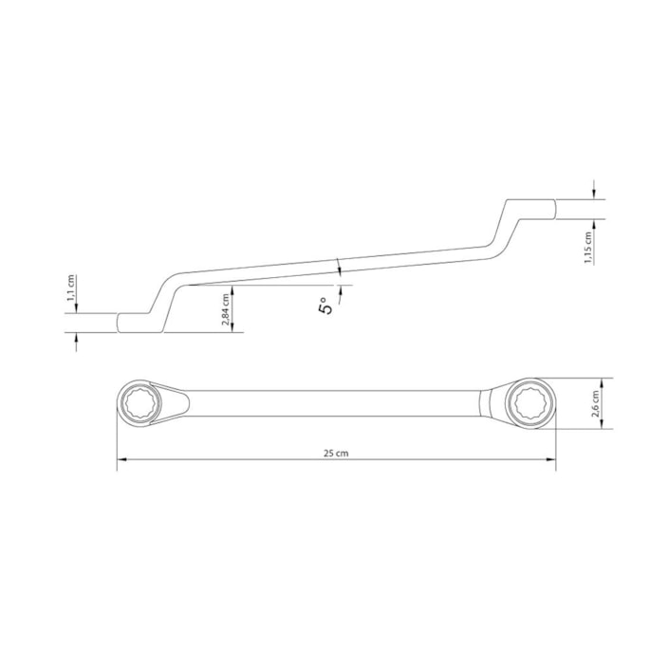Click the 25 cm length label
pyautogui.click(x=336, y=454)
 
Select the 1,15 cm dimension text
pyautogui.click(x=588, y=248)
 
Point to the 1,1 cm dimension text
pyautogui.click(x=71, y=288)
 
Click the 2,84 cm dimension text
pyautogui.click(x=226, y=309)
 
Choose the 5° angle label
pyautogui.click(x=325, y=306)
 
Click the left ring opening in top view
pyautogui.click(x=139, y=402)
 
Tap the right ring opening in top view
pyautogui.click(x=530, y=402)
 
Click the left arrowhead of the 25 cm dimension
pyautogui.click(x=121, y=459)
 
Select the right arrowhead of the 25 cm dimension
pyautogui.click(x=551, y=459)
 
